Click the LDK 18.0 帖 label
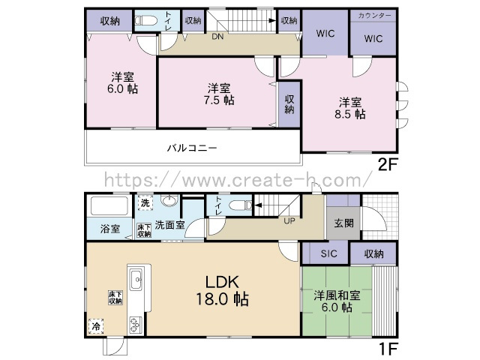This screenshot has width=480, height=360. [x=222, y=290]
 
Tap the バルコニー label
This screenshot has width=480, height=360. [x=192, y=148]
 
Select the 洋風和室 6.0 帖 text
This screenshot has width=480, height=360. [x=337, y=301]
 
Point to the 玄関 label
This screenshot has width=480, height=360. [x=343, y=223]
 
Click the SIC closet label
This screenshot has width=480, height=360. [x=328, y=253]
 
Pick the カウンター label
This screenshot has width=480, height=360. [x=374, y=16]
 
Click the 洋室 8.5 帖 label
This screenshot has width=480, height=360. [x=350, y=108]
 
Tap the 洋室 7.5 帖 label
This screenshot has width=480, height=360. [x=219, y=94]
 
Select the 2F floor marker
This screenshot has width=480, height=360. [x=388, y=165]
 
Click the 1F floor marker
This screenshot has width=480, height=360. [x=388, y=348]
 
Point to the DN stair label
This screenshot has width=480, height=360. [x=217, y=37]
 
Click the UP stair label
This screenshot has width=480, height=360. [x=289, y=220]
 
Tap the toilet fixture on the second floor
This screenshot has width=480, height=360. [x=145, y=20]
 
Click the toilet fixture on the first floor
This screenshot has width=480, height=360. [x=240, y=205]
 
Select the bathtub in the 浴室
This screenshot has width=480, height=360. [x=109, y=206]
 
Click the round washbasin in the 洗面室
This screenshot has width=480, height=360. [x=169, y=201]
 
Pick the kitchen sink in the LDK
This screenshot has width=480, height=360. [x=136, y=279]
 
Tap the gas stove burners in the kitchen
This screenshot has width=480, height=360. [x=135, y=325]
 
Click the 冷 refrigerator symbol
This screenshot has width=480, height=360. [x=96, y=325]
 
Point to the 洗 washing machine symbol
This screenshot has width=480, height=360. [x=145, y=202]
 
